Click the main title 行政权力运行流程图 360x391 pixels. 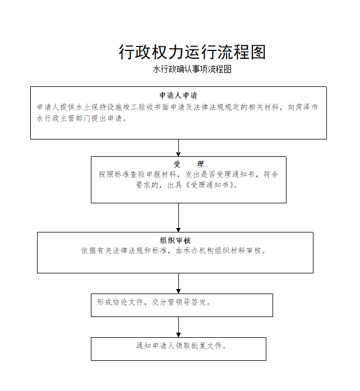pyautogui.click(x=192, y=52)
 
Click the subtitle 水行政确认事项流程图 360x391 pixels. pyautogui.click(x=192, y=69)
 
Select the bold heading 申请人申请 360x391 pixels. pyautogui.click(x=178, y=95)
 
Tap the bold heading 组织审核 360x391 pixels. pyautogui.click(x=175, y=240)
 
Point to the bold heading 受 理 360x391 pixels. pyautogui.click(x=189, y=164)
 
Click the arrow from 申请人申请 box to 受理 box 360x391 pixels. pyautogui.click(x=178, y=148)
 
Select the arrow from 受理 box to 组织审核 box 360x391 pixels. pyautogui.click(x=178, y=217)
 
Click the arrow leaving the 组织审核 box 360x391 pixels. pyautogui.click(x=178, y=283)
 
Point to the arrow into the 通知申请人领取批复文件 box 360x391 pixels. pyautogui.click(x=178, y=327)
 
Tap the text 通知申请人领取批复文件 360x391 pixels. pyautogui.click(x=179, y=346)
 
